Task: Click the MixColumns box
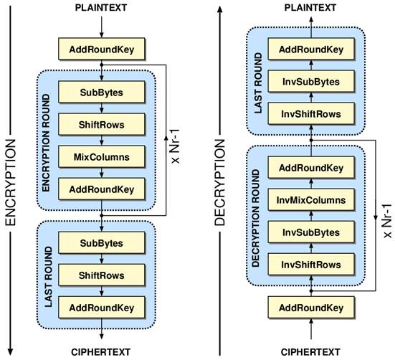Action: click(x=102, y=157)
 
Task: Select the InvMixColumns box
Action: click(x=311, y=200)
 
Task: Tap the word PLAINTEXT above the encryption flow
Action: click(x=101, y=8)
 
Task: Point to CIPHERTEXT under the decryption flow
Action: click(x=310, y=352)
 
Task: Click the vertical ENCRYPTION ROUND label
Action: click(x=46, y=143)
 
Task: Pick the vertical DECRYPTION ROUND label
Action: click(x=255, y=218)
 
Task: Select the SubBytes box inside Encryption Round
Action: click(x=102, y=93)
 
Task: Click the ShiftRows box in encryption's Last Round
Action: click(x=102, y=275)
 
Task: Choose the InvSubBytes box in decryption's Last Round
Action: click(x=311, y=81)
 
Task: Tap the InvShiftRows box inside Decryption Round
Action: click(x=311, y=265)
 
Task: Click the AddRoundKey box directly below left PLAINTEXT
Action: click(x=102, y=49)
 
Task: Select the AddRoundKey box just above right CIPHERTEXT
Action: click(x=311, y=308)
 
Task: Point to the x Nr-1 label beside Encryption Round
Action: click(x=175, y=146)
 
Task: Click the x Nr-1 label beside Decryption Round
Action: click(x=386, y=221)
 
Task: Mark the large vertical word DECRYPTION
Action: click(x=219, y=182)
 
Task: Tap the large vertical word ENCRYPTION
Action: click(x=11, y=182)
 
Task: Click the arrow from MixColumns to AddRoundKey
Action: click(x=102, y=173)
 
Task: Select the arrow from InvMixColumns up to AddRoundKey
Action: click(x=311, y=184)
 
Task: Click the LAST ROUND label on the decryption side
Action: click(x=258, y=83)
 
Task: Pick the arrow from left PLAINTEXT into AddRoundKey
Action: click(x=102, y=27)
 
